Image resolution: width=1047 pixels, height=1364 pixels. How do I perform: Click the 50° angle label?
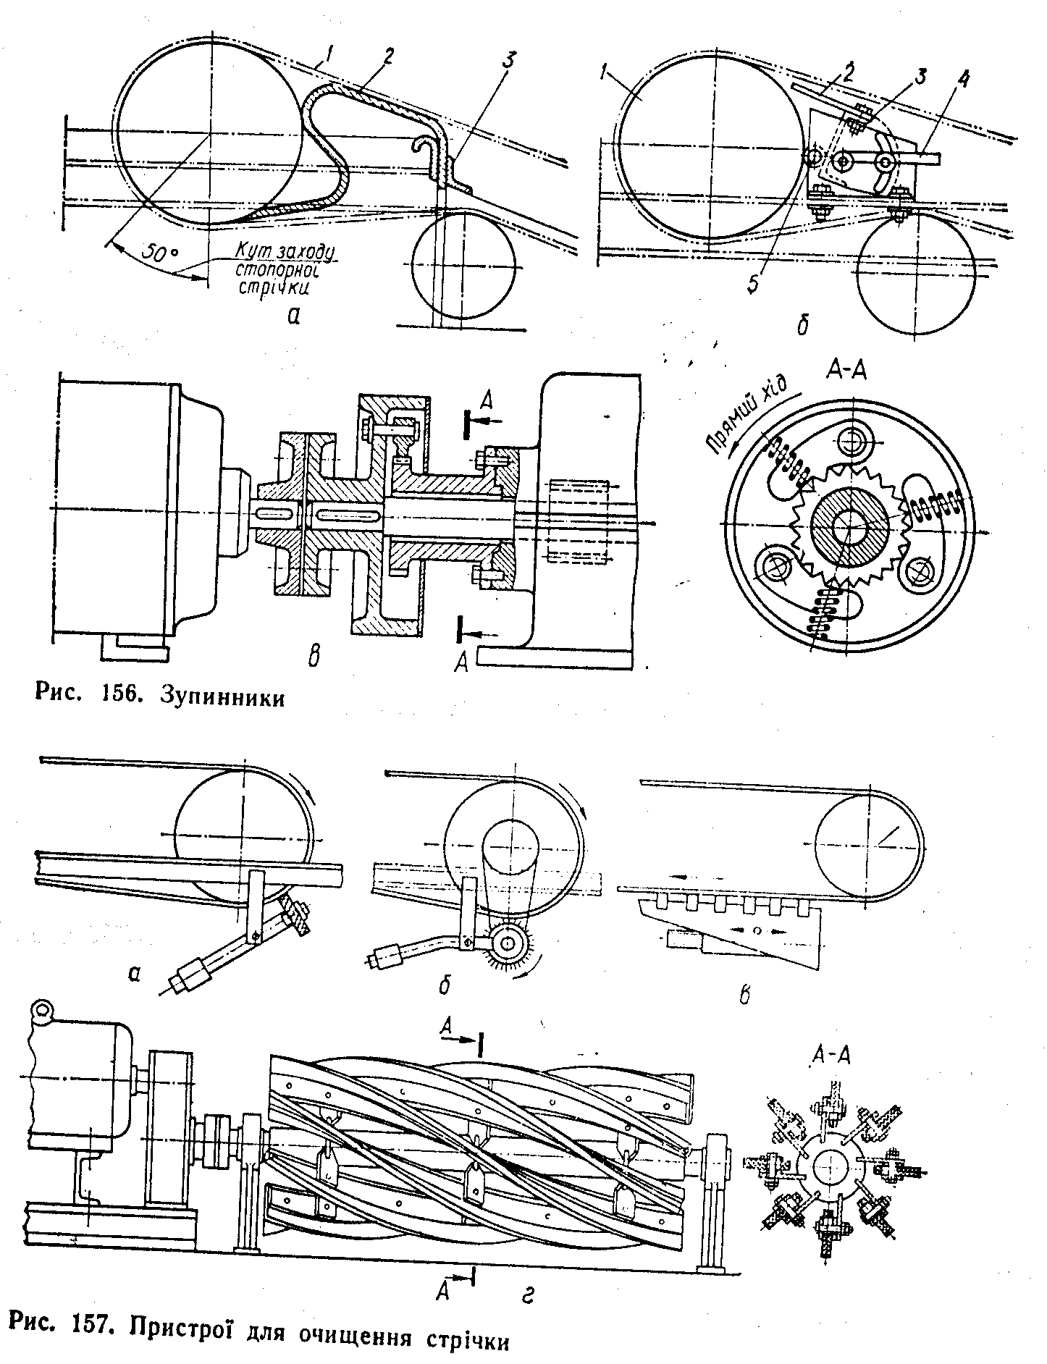point(158,254)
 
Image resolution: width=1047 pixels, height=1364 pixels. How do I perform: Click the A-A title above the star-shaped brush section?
point(831,1055)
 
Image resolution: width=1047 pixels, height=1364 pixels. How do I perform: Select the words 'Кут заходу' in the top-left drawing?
point(285,253)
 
